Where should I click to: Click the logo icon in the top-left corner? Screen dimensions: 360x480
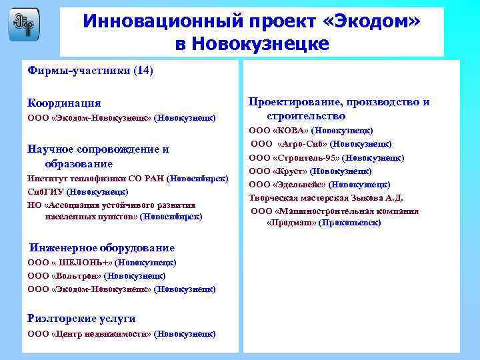pos(23,24)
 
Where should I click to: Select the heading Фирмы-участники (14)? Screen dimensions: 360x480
pos(90,70)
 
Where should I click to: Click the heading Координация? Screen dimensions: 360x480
pos(64,103)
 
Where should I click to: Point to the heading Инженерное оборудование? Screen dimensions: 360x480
pos(101,247)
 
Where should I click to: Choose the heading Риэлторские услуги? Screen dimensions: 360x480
pos(81,318)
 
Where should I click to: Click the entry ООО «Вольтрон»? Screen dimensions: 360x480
pos(96,275)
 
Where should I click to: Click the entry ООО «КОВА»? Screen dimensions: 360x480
pos(311,131)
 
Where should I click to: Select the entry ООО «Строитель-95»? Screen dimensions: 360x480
pos(326,158)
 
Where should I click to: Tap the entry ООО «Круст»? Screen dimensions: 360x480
pos(310,171)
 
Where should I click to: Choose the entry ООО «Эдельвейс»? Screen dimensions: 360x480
pos(319,185)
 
